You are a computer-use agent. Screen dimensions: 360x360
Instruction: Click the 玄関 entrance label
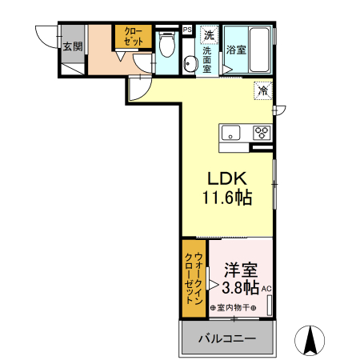pos(72,46)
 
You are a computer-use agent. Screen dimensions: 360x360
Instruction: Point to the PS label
pos(186,30)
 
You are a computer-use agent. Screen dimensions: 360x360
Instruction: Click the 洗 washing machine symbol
pos(208,35)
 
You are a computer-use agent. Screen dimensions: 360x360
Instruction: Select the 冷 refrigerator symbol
pos(262,90)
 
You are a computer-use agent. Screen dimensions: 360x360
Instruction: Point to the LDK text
pos(226,178)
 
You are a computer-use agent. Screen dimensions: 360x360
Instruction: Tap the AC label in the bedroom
pos(267,290)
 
